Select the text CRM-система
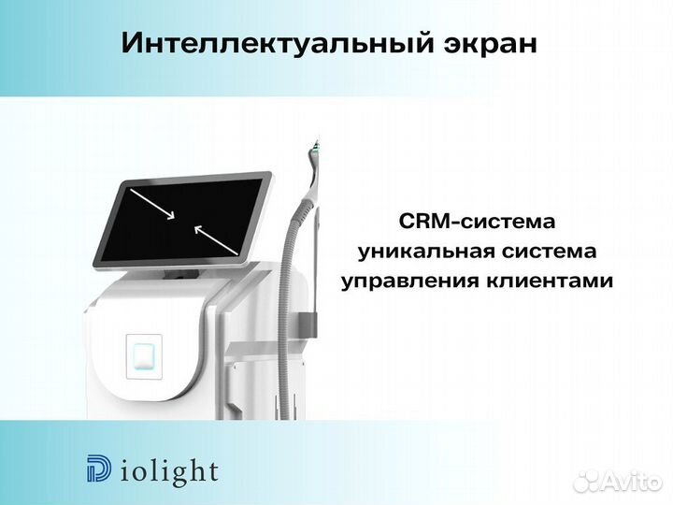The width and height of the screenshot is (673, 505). point(477,223)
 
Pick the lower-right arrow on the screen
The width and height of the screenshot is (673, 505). point(216,237)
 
